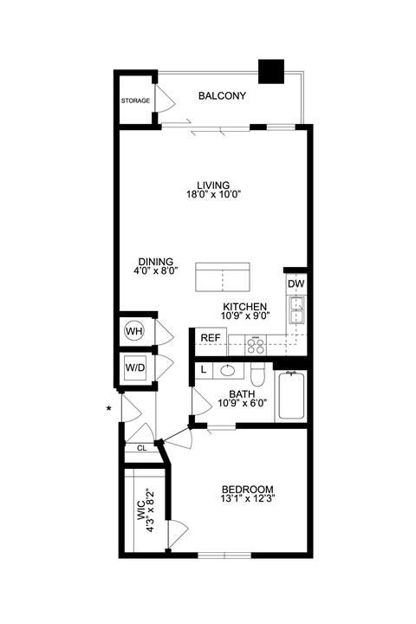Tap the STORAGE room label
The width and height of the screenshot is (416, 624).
click(x=135, y=101)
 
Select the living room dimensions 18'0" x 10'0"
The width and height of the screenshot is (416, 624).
click(x=212, y=195)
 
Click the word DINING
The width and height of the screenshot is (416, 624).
click(x=157, y=261)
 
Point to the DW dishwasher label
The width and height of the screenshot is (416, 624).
click(x=296, y=283)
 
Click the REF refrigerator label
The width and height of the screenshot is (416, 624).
click(x=210, y=339)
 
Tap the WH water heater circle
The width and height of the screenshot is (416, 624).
click(x=134, y=330)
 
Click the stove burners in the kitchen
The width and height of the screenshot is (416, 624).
click(x=257, y=345)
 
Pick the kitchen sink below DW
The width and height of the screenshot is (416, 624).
click(x=296, y=305)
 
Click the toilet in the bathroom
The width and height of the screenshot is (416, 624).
click(x=257, y=374)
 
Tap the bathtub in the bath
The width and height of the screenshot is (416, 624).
click(x=290, y=397)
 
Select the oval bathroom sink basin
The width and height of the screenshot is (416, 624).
click(x=228, y=370)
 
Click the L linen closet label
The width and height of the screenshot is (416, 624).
click(x=203, y=370)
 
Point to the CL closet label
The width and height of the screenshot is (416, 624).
click(x=141, y=448)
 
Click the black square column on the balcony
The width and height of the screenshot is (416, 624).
click(x=272, y=71)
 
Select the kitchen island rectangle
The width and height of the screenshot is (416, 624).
click(x=223, y=277)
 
